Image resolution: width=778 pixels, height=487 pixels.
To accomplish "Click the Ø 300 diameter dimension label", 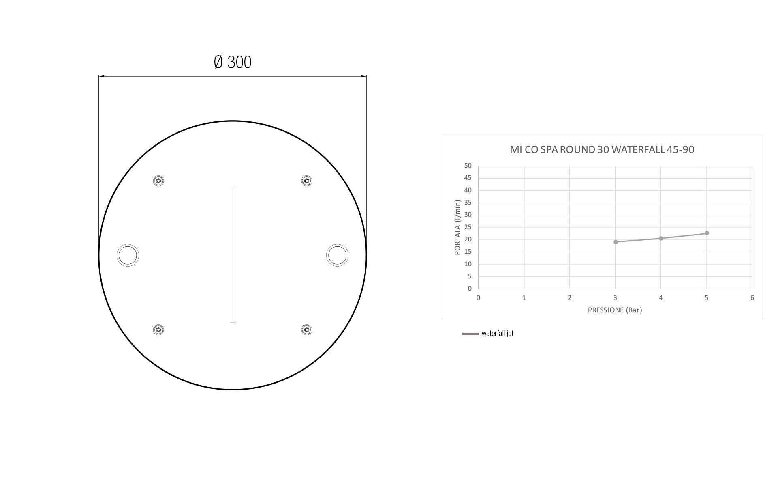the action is point(233,62).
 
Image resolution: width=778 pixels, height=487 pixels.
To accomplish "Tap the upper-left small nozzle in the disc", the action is point(158,181).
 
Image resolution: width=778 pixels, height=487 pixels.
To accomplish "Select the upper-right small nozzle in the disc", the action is point(307,181).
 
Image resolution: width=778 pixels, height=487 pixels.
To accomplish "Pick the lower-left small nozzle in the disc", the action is point(158,330).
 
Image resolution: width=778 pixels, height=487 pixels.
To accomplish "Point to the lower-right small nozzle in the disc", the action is point(307,330).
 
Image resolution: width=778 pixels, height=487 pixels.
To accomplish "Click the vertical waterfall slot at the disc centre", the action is point(233,255).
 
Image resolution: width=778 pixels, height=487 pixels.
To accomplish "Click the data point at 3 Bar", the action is point(616,242).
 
